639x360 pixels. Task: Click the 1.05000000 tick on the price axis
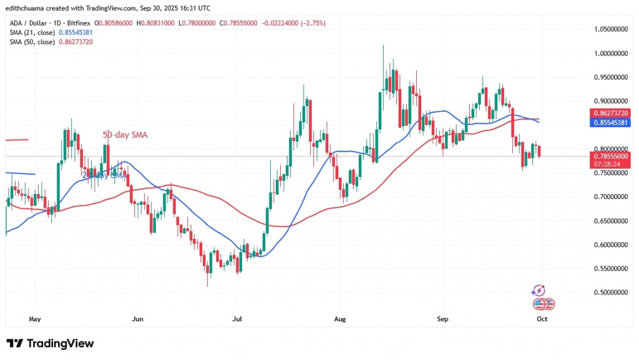tap(610, 29)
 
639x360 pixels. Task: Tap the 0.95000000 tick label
tap(610, 77)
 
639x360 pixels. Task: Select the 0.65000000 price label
tap(610, 221)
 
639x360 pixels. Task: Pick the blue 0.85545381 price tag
tap(610, 124)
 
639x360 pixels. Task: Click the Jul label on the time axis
tap(237, 319)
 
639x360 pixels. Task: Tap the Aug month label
tap(339, 319)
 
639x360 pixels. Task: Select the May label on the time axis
tap(34, 319)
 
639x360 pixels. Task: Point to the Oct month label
tap(542, 319)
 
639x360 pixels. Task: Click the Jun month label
tap(138, 319)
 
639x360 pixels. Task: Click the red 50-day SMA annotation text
tap(125, 135)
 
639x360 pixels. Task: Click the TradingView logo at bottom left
tap(50, 344)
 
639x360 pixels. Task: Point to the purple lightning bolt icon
tap(538, 291)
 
